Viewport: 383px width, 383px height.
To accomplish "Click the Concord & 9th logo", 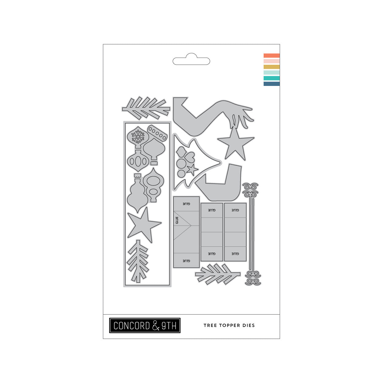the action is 145,325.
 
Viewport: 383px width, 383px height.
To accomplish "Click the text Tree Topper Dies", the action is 229,326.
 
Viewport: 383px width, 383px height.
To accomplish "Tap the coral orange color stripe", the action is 272,56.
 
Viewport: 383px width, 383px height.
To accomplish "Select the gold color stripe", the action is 272,67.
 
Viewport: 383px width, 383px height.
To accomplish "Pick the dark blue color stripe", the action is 272,84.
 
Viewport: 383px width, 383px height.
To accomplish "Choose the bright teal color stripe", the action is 272,78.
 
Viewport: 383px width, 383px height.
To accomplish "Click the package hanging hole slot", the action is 191,59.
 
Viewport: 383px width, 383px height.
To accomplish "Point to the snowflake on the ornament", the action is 138,137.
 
